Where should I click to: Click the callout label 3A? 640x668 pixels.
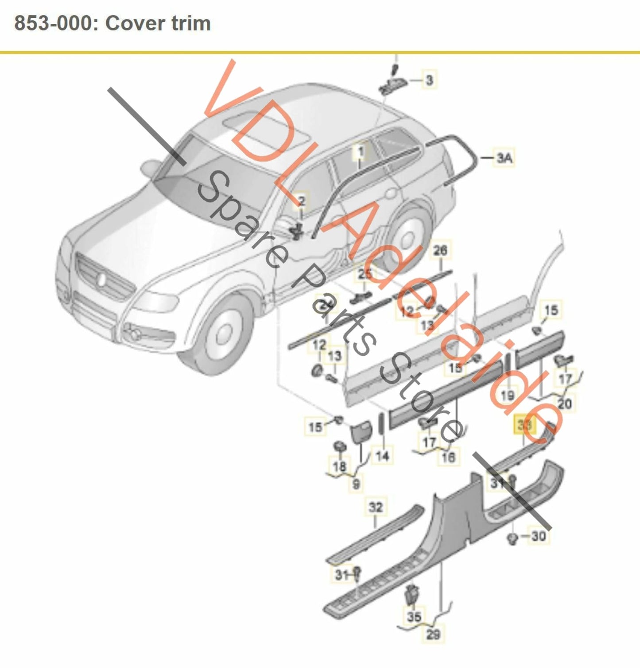[x=504, y=157]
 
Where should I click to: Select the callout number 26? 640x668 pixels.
[x=440, y=250]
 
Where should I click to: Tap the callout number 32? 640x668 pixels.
[x=376, y=507]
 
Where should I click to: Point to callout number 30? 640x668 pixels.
[x=538, y=536]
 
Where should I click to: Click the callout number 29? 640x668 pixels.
[x=433, y=634]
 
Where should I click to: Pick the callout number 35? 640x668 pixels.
[x=414, y=616]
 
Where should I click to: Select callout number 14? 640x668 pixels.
[x=382, y=456]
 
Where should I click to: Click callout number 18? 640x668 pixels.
[x=339, y=466]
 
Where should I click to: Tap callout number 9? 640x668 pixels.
[x=356, y=484]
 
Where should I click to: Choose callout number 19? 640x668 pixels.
[x=508, y=395]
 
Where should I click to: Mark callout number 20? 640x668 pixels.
[x=564, y=403]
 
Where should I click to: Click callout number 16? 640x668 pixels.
[x=448, y=457]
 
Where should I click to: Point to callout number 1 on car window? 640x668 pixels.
[x=361, y=152]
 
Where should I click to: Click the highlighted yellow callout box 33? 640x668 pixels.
[x=524, y=425]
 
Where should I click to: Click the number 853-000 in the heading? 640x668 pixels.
[x=53, y=23]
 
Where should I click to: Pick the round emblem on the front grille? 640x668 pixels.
[x=102, y=280]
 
